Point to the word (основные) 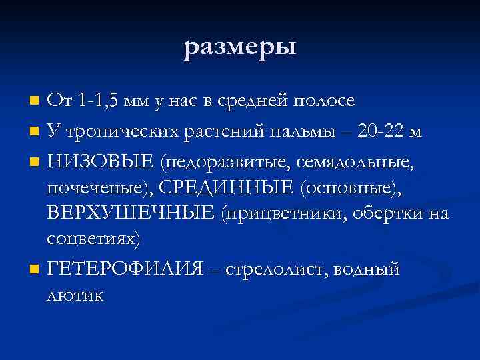[351, 188]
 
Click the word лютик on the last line [75, 295]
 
